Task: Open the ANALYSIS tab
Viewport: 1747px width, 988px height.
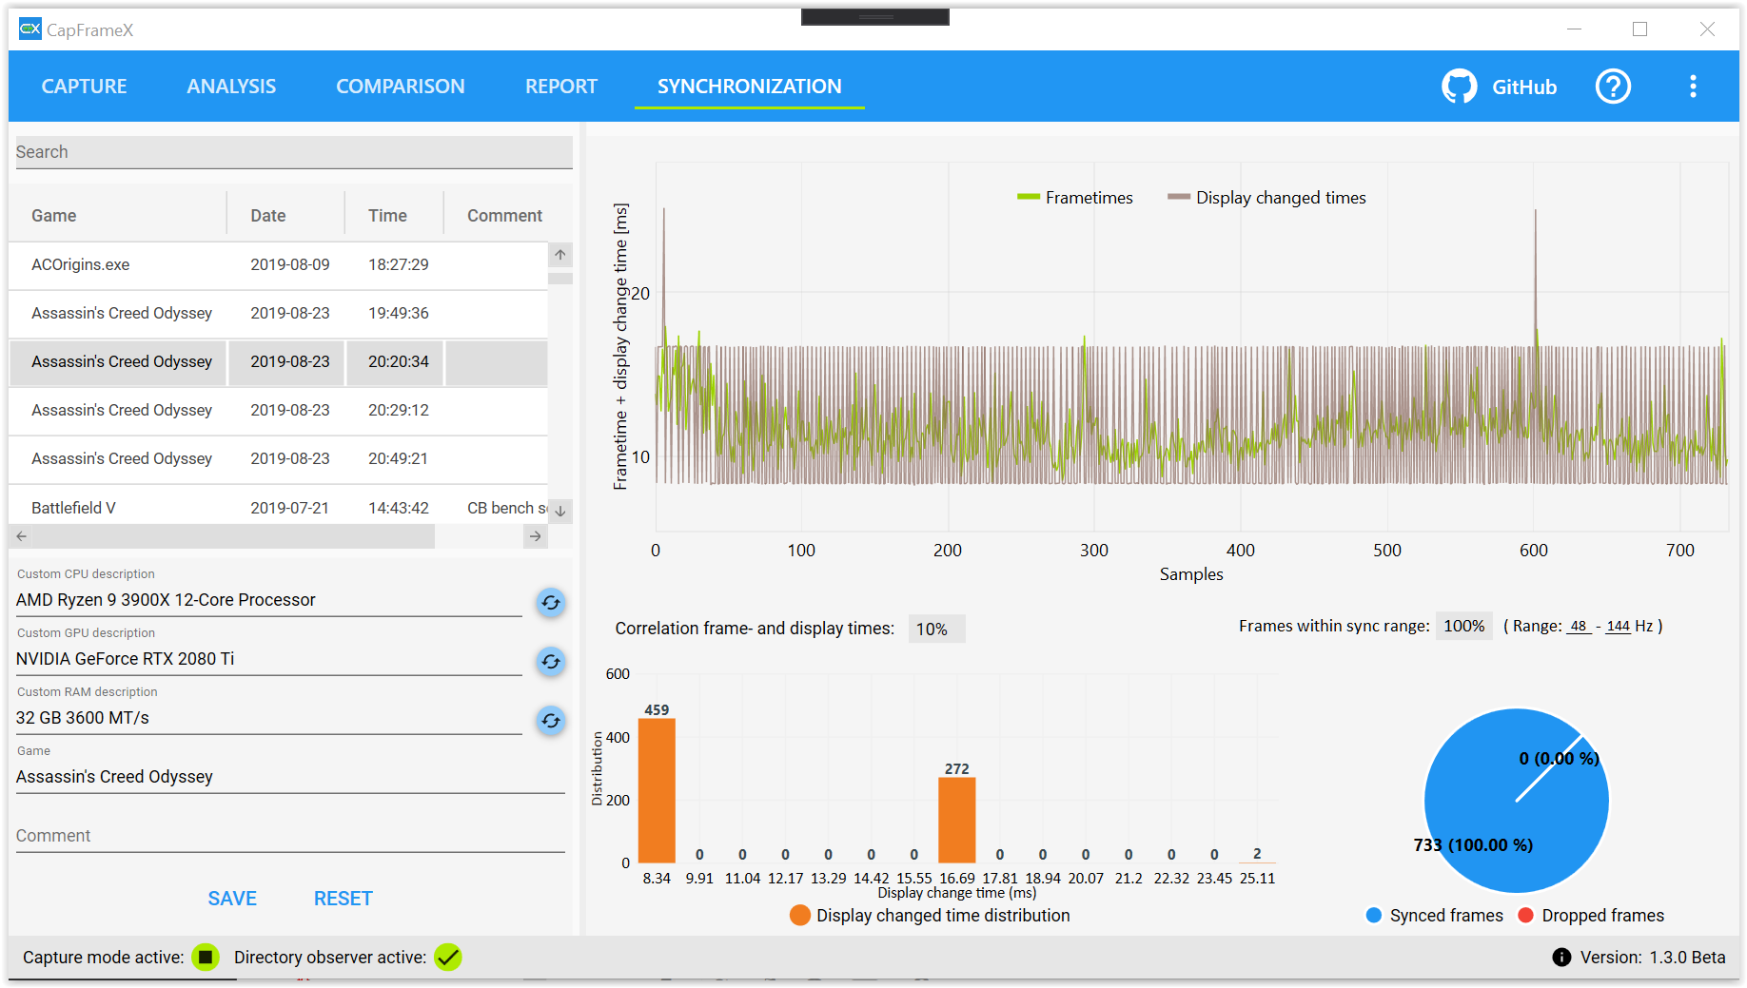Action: (x=231, y=87)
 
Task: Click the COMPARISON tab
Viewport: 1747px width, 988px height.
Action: (x=400, y=87)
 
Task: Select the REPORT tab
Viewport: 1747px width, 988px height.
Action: (x=560, y=87)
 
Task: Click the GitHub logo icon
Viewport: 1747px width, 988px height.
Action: (x=1459, y=87)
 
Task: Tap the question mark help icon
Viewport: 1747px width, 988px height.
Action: (x=1613, y=87)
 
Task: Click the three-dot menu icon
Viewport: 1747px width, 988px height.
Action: (x=1693, y=87)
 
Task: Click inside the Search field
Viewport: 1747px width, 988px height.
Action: (x=293, y=152)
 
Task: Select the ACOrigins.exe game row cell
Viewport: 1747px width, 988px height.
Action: (x=81, y=264)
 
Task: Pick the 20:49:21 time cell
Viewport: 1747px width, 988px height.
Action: (x=398, y=458)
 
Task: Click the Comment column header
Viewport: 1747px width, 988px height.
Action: (x=504, y=216)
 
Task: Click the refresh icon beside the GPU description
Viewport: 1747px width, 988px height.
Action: (x=551, y=661)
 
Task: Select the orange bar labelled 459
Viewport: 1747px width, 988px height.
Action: (x=657, y=789)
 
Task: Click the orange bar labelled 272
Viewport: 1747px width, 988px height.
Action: (x=956, y=820)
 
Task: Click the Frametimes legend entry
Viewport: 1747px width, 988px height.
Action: (x=1075, y=198)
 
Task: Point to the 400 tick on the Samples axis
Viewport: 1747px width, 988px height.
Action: (x=1240, y=550)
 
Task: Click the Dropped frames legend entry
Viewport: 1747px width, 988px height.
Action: (x=1591, y=916)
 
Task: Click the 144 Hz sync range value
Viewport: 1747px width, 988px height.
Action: (x=1618, y=626)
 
